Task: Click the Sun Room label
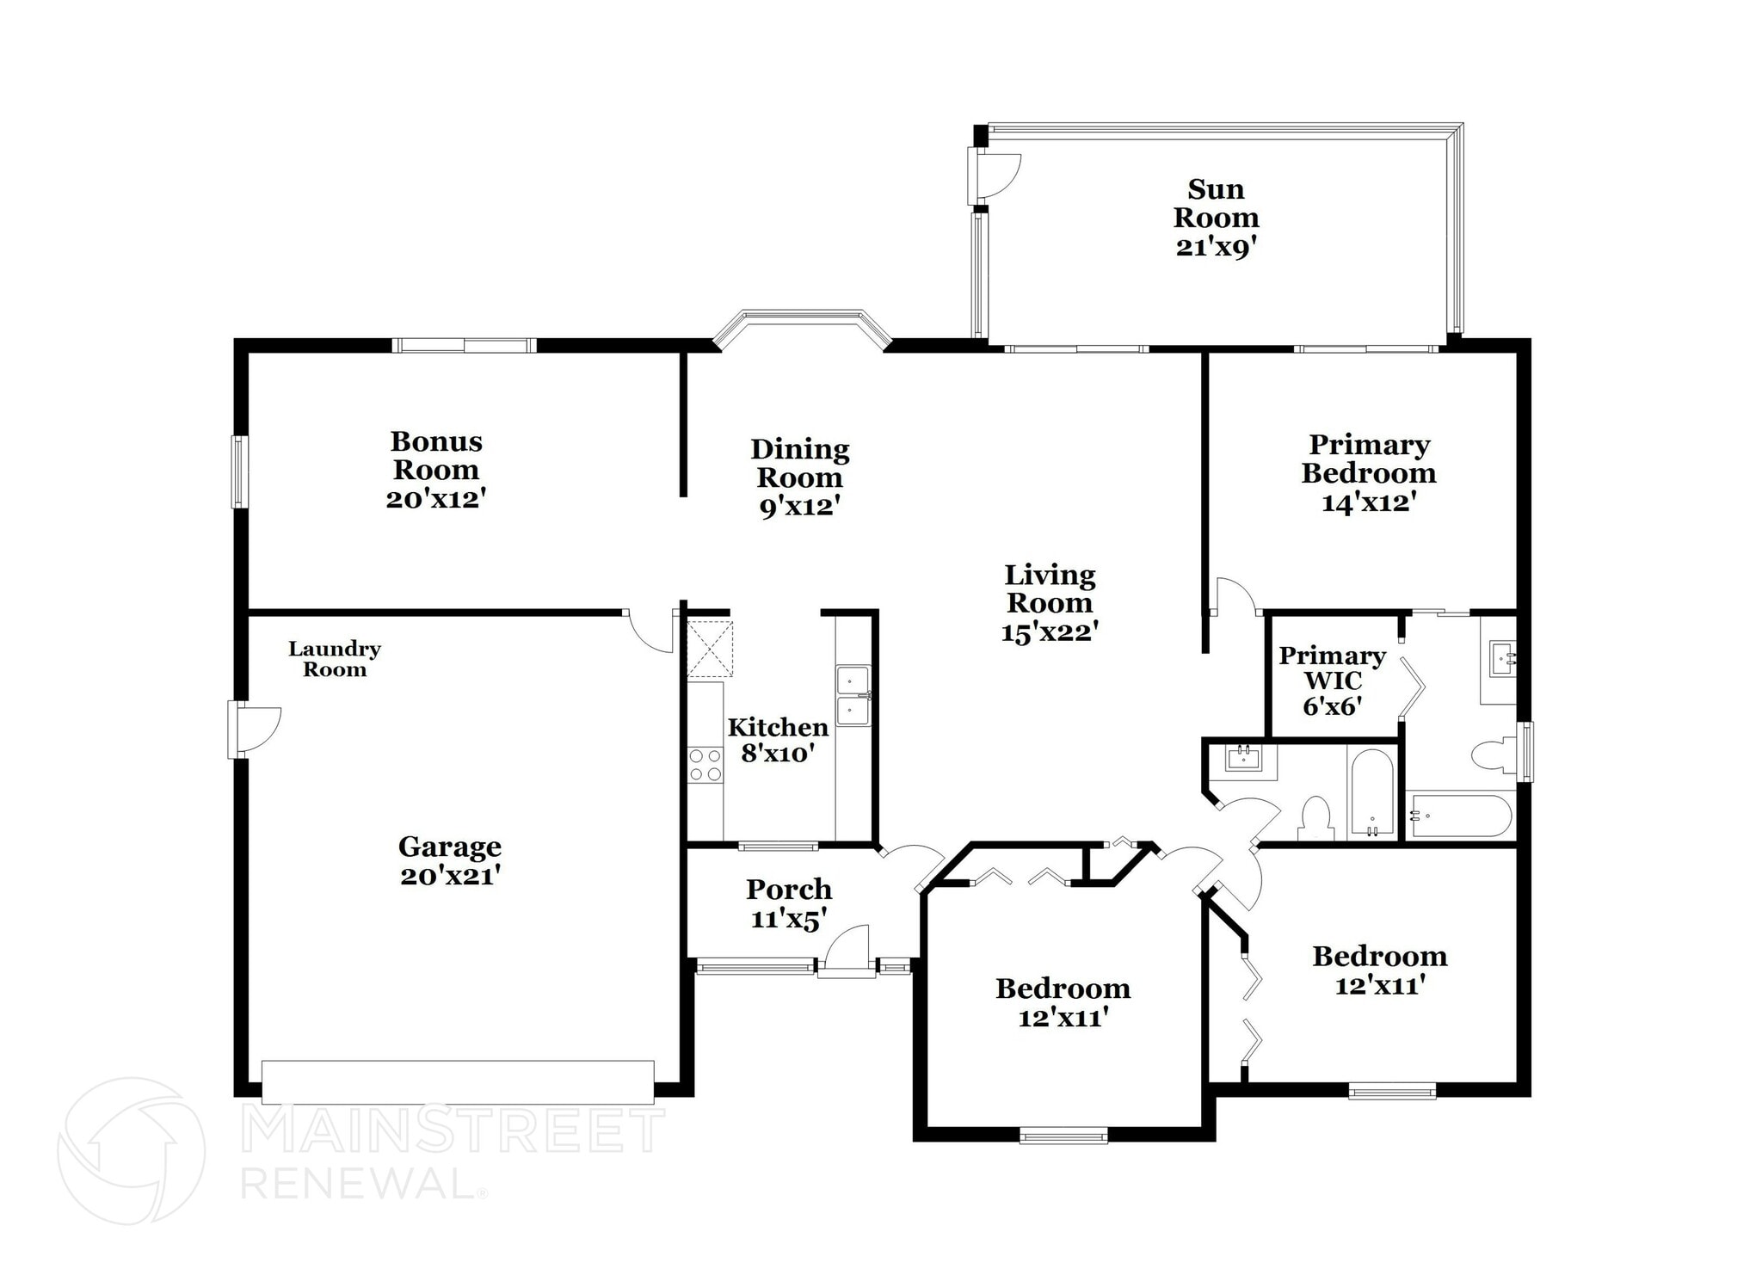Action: (x=1216, y=203)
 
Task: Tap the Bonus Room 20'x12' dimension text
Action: (x=436, y=499)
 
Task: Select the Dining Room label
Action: (x=799, y=463)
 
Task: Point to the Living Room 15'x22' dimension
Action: (x=1050, y=632)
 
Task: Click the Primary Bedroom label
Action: (x=1369, y=459)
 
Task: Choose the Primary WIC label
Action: (x=1332, y=668)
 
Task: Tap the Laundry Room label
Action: (x=335, y=659)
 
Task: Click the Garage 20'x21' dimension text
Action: (x=450, y=876)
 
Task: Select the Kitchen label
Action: (x=778, y=727)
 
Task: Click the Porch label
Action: (x=789, y=889)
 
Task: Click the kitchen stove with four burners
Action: (x=705, y=765)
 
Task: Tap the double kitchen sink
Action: (x=853, y=695)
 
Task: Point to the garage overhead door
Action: (x=458, y=1082)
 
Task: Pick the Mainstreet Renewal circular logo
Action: (x=131, y=1150)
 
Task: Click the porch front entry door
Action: (x=847, y=952)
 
